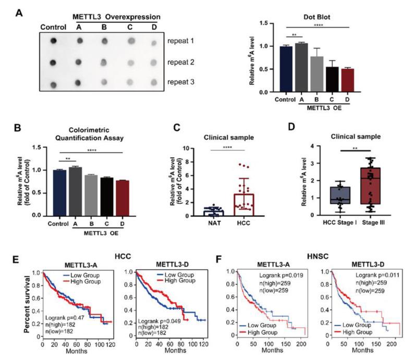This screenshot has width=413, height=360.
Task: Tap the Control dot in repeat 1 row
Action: [53, 41]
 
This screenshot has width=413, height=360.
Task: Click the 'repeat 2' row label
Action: [182, 62]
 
